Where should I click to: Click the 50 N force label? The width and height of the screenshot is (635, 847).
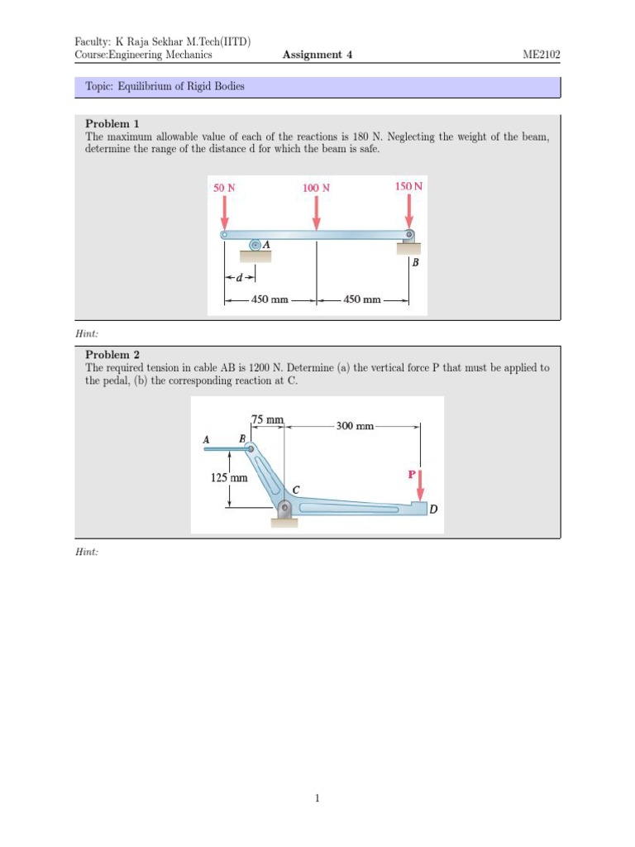pos(224,188)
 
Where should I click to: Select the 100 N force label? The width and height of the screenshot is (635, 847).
pos(316,188)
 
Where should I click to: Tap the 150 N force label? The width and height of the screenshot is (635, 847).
pos(408,187)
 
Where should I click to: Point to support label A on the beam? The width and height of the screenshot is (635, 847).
pos(267,244)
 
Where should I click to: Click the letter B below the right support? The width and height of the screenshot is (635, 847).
pos(415,263)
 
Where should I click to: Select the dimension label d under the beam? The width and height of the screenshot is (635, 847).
pos(239,278)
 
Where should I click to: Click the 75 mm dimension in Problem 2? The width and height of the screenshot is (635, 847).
pos(268,420)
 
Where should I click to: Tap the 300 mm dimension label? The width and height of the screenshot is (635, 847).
pos(355,426)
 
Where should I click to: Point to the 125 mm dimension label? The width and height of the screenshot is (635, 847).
pos(229,477)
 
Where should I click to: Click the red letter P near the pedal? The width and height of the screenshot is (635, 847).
pos(412,475)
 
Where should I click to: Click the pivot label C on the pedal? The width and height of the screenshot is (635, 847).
pos(295,489)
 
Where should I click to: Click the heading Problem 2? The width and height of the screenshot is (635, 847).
pos(112,355)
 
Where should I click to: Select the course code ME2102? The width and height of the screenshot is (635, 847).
pos(541,55)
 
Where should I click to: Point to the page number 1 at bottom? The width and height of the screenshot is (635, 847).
pos(317,798)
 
